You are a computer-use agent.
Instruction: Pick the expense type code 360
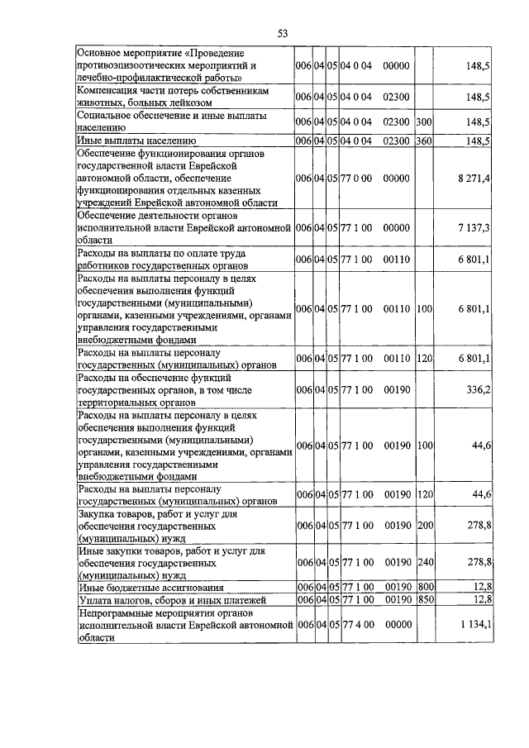(425, 141)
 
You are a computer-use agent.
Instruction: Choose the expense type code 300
(425, 121)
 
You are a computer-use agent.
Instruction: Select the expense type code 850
(425, 599)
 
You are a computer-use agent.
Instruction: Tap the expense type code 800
(425, 587)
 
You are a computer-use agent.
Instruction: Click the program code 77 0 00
(358, 178)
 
